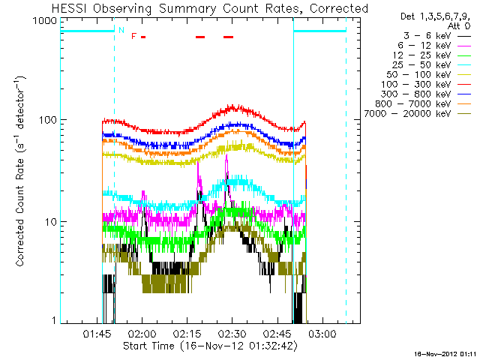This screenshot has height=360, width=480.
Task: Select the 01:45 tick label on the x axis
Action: (x=97, y=333)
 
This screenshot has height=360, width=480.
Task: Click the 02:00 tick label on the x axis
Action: (x=142, y=333)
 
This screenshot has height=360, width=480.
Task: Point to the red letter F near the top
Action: (x=133, y=36)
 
